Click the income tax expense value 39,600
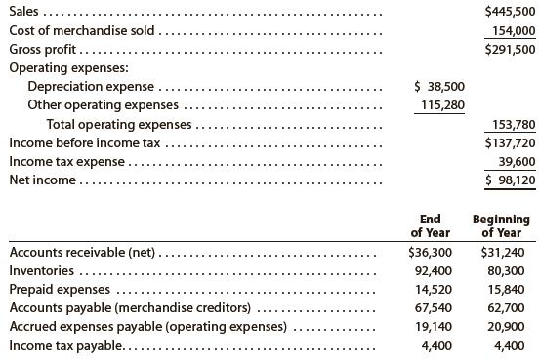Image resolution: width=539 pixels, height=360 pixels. tap(514, 161)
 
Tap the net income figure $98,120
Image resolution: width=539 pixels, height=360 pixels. tap(507, 180)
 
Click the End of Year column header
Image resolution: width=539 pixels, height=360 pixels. tap(429, 225)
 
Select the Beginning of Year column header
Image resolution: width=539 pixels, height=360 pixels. tap(500, 225)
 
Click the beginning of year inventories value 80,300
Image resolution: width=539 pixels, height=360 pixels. tap(504, 270)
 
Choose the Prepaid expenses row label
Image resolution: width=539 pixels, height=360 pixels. tap(60, 290)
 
